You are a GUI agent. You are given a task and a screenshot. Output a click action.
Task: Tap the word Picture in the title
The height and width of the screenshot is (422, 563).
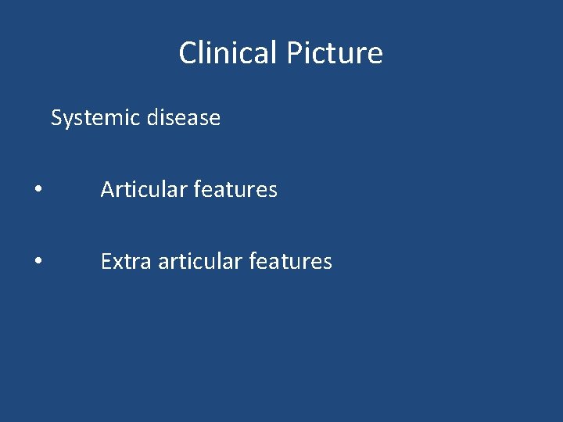pos(334,53)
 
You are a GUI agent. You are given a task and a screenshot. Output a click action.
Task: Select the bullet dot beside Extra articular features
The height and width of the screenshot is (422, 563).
pos(38,263)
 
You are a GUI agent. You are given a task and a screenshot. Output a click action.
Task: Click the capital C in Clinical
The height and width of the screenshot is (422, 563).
pos(188,53)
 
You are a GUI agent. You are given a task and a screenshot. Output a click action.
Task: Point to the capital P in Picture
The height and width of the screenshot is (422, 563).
pos(292,53)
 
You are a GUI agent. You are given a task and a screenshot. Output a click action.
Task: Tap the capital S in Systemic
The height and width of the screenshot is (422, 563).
pos(56,118)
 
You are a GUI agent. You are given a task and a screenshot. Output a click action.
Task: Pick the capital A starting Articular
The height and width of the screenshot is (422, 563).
pos(107,190)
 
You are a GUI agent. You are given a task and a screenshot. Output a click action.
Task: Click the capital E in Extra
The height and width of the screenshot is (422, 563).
pos(106,262)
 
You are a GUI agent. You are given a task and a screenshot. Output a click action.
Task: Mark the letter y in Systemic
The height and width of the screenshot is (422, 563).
pos(67,120)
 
